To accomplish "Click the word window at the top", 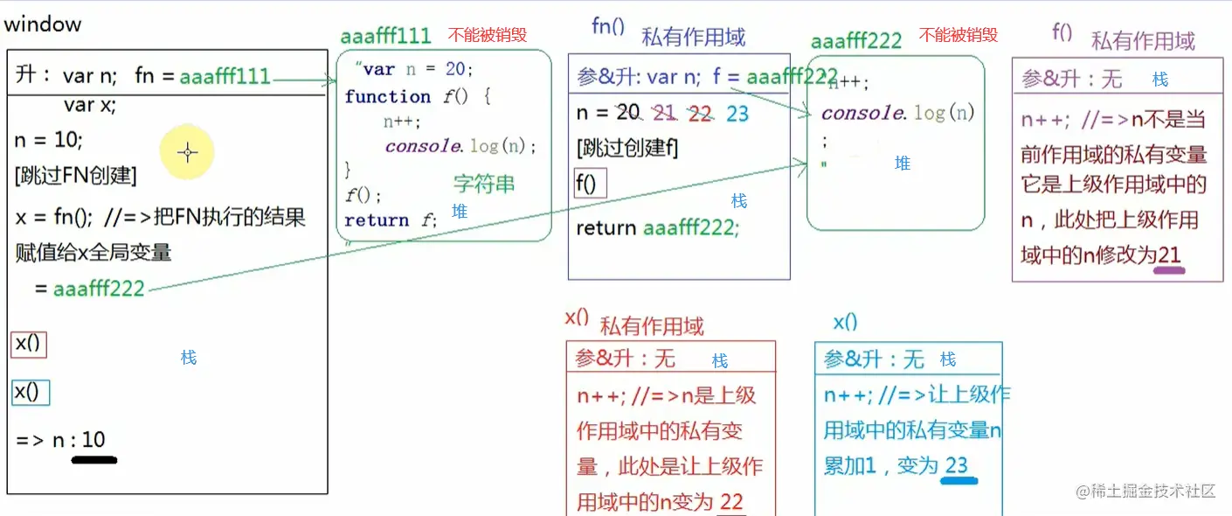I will (43, 24).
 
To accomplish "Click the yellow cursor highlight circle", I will (187, 152).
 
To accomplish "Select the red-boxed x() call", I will (29, 345).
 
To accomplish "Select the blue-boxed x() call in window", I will (29, 392).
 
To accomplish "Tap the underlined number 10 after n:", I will (93, 440).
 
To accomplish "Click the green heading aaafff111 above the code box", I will (386, 36).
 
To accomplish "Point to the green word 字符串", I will (484, 184).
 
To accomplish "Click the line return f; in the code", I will (391, 220).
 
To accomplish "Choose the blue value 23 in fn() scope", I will (737, 114).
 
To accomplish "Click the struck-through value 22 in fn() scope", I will (700, 114).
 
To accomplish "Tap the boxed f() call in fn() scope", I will (589, 185).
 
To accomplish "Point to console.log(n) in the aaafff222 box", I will (897, 113).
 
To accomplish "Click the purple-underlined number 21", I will (1169, 255).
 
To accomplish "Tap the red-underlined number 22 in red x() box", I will (731, 502).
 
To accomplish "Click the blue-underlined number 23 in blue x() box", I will (957, 465).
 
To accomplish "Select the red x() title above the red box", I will (578, 317).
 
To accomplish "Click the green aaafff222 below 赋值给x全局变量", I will (99, 289).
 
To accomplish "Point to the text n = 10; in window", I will (49, 140).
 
